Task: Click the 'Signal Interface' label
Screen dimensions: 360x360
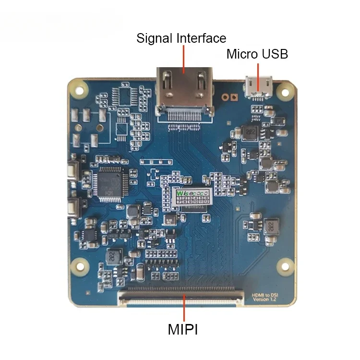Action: [181, 38]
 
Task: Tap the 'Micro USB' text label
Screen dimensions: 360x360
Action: [257, 54]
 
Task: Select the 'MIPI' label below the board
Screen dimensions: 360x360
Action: [183, 330]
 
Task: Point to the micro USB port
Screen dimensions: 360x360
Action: [259, 87]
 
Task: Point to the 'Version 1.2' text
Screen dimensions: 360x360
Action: [265, 300]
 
